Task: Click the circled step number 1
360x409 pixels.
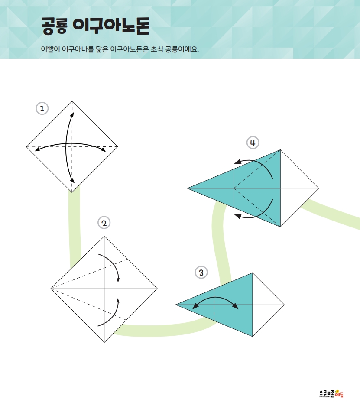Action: pyautogui.click(x=42, y=108)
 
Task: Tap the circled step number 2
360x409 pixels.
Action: pyautogui.click(x=104, y=223)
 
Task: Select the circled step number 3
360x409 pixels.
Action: pyautogui.click(x=201, y=273)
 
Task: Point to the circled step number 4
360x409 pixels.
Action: pyautogui.click(x=253, y=143)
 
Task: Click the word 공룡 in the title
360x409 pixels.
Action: pyautogui.click(x=55, y=26)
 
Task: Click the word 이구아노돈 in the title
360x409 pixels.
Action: pyautogui.click(x=111, y=26)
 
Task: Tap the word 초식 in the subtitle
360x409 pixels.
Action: pyautogui.click(x=157, y=49)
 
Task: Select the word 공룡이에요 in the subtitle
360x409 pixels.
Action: pyautogui.click(x=182, y=49)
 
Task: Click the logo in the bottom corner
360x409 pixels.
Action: pyautogui.click(x=331, y=393)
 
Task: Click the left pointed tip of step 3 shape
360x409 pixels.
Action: pyautogui.click(x=176, y=305)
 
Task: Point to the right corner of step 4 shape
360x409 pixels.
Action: pyautogui.click(x=319, y=188)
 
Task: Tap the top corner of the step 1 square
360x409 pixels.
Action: pyautogui.click(x=72, y=101)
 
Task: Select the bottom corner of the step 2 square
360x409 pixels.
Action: pyautogui.click(x=104, y=342)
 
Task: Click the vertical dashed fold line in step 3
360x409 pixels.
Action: pyautogui.click(x=214, y=305)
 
